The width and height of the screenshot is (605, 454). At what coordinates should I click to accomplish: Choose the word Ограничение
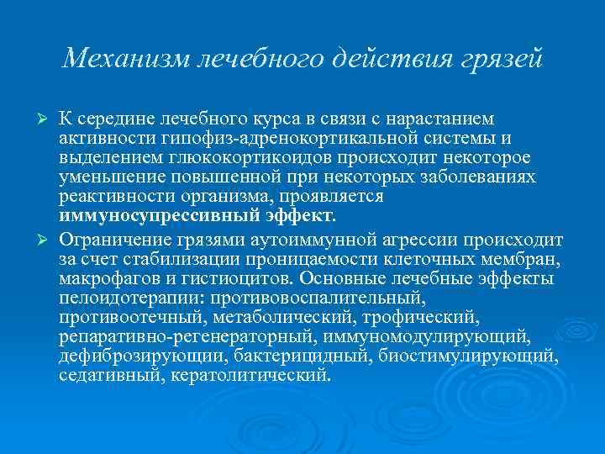click(112, 236)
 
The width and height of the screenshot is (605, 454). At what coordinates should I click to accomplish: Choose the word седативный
click(108, 376)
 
